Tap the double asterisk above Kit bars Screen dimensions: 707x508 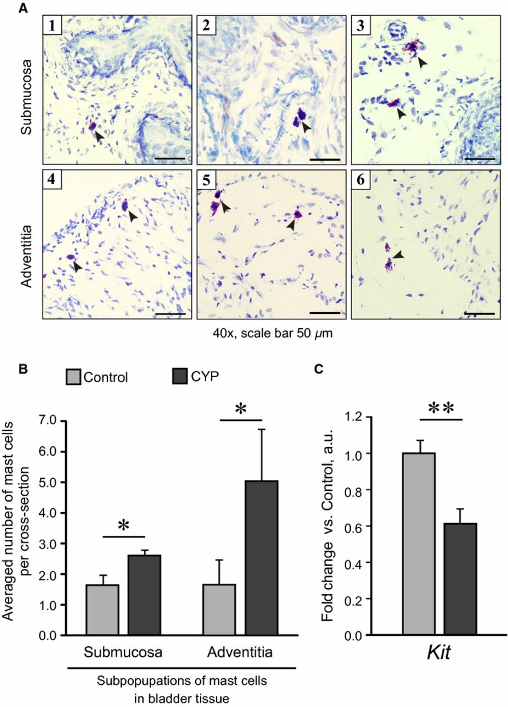(x=440, y=409)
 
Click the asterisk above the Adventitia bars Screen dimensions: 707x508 (x=240, y=410)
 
